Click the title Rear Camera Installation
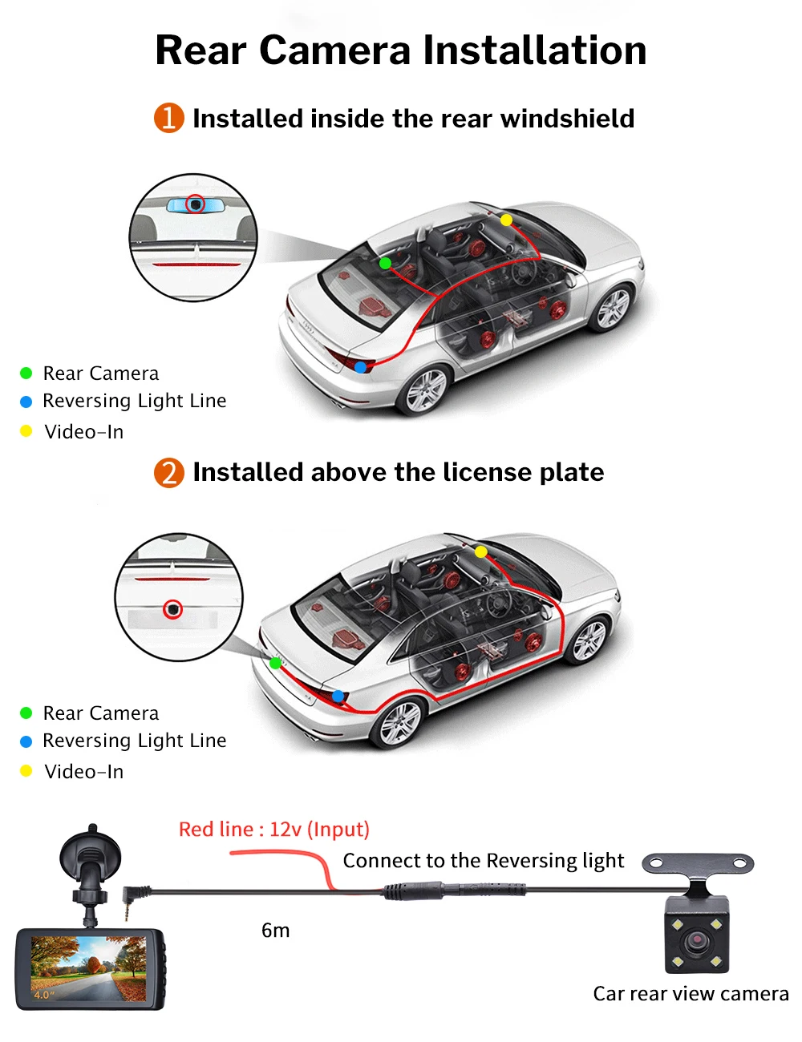pyautogui.click(x=400, y=50)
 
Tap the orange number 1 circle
pyautogui.click(x=169, y=118)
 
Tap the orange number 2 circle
pyautogui.click(x=169, y=472)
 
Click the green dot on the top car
pyautogui.click(x=385, y=263)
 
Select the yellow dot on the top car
pyautogui.click(x=506, y=220)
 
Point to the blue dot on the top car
pyautogui.click(x=361, y=367)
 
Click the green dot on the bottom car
pyautogui.click(x=276, y=663)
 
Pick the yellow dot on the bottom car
pyautogui.click(x=480, y=551)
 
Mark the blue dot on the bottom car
pyautogui.click(x=338, y=696)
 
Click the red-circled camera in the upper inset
pyautogui.click(x=195, y=204)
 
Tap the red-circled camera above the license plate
pyautogui.click(x=173, y=610)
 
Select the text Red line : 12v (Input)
pyautogui.click(x=273, y=829)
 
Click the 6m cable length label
pyautogui.click(x=275, y=930)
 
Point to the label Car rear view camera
pyautogui.click(x=691, y=993)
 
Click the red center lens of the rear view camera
pyautogui.click(x=697, y=938)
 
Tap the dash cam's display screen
pyautogui.click(x=88, y=968)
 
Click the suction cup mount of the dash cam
pyautogui.click(x=90, y=856)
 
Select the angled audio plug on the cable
pyautogui.click(x=132, y=897)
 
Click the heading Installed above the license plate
pyautogui.click(x=398, y=472)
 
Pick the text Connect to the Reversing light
pyautogui.click(x=483, y=861)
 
